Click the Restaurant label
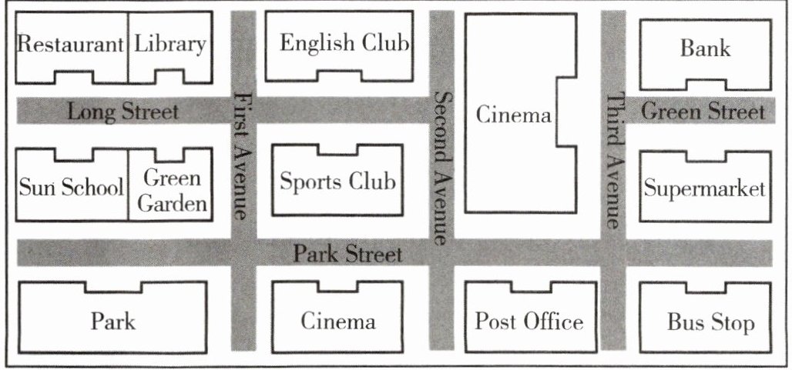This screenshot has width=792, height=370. [x=70, y=44]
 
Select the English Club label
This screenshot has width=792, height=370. [x=344, y=42]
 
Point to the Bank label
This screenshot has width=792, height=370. [x=705, y=48]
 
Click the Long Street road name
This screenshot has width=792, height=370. [x=123, y=112]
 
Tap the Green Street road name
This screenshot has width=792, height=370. [x=703, y=112]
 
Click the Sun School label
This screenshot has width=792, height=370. [x=70, y=187]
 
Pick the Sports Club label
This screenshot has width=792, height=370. [x=337, y=182]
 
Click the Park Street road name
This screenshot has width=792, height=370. [x=348, y=254]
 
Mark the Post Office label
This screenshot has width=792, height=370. [x=529, y=321]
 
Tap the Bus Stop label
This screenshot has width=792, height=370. [x=710, y=322]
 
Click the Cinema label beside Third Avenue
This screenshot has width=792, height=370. [x=514, y=115]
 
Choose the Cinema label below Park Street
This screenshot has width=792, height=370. [x=338, y=321]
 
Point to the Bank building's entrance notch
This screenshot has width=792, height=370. [x=705, y=83]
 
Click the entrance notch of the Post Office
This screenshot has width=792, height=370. [x=530, y=287]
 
